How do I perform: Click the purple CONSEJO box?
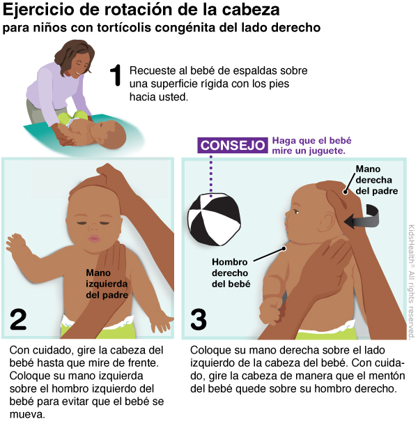coord(233,145)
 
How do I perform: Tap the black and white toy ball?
coord(214,220)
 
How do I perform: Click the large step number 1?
coord(116,75)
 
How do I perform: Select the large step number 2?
coord(18,319)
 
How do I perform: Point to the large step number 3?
coord(199,319)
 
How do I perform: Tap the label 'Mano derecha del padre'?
coord(377,180)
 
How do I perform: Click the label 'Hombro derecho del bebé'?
coord(231,273)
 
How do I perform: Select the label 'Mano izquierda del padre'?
coord(107,284)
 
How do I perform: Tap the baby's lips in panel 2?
coord(94,238)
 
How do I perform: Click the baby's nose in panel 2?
coord(93,227)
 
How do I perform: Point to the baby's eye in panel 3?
coord(296,212)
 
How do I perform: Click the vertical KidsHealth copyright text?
coord(412,282)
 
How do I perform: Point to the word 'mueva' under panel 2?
coord(26,415)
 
